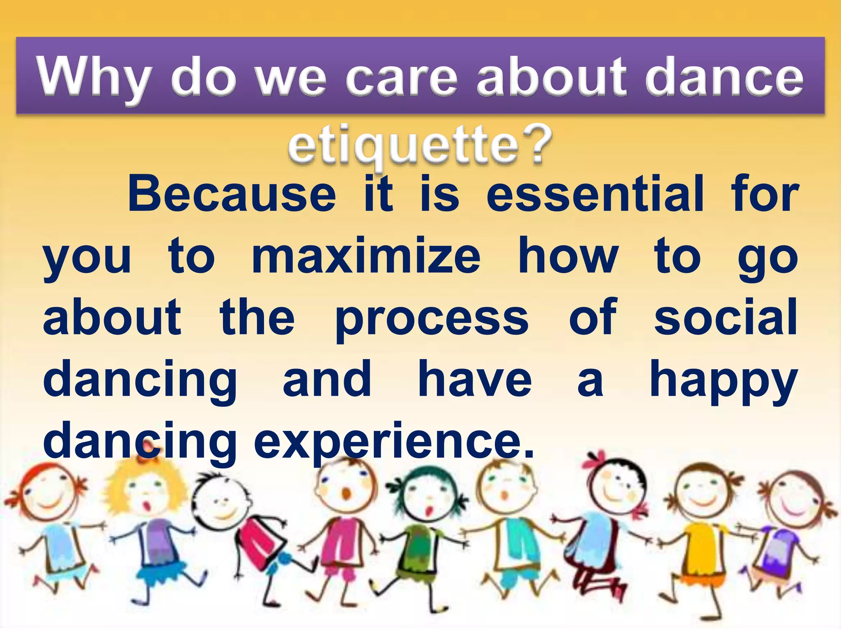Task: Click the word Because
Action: click(x=232, y=194)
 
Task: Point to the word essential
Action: click(x=595, y=194)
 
